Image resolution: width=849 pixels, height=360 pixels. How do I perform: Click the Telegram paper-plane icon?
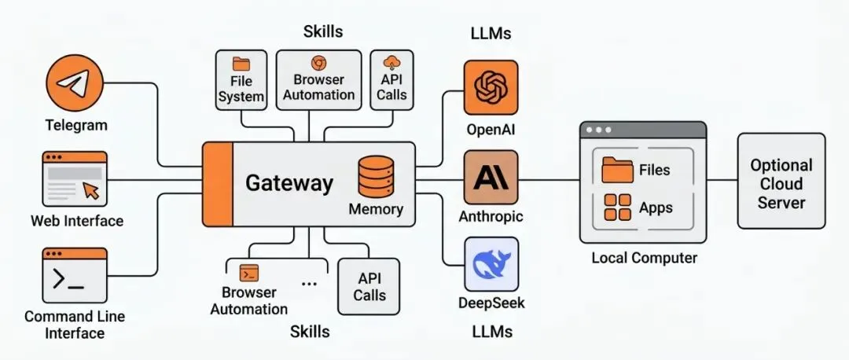(x=75, y=85)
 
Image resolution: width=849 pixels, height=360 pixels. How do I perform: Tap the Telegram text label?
(x=76, y=125)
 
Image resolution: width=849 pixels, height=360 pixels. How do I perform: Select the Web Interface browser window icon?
(x=75, y=179)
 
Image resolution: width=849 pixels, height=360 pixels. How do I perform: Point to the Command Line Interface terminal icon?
(x=75, y=275)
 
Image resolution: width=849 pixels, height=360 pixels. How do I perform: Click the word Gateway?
(x=289, y=183)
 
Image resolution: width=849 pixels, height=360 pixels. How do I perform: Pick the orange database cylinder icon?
(x=376, y=176)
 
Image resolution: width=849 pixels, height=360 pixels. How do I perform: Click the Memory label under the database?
(x=376, y=209)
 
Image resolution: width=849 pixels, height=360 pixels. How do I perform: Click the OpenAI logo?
(x=491, y=86)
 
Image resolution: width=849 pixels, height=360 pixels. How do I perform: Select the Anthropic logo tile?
(x=491, y=178)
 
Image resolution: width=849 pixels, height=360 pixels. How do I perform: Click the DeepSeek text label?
(x=491, y=303)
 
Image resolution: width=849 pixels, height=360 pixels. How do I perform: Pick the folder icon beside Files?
(x=617, y=169)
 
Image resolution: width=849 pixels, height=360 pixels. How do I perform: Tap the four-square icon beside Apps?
(x=617, y=208)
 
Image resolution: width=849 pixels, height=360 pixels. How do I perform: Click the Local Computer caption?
(x=644, y=257)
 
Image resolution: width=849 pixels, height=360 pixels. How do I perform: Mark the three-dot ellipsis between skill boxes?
(x=309, y=284)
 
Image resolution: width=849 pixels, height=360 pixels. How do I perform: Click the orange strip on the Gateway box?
(x=218, y=184)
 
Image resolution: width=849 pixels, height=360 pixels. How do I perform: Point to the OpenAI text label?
(x=491, y=128)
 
